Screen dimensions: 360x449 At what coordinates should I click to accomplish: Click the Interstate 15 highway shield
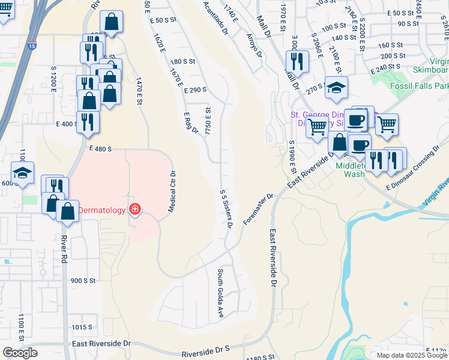click(x=32, y=45)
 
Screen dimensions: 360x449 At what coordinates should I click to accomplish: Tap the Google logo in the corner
click(x=20, y=353)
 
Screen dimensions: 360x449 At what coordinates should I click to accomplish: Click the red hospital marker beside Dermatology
click(x=136, y=209)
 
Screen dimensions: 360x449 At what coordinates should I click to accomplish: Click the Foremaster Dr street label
click(x=258, y=209)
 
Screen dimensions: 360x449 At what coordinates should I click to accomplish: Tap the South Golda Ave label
click(x=220, y=293)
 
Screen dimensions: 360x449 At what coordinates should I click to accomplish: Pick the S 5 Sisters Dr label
click(x=226, y=209)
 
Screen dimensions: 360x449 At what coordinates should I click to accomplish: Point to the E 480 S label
click(x=100, y=148)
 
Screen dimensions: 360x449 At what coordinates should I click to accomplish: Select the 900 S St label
click(x=83, y=280)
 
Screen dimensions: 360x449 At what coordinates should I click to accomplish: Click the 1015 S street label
click(x=82, y=327)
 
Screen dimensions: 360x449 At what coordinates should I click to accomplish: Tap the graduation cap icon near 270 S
click(x=336, y=87)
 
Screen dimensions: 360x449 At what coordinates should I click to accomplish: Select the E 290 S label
click(x=196, y=89)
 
